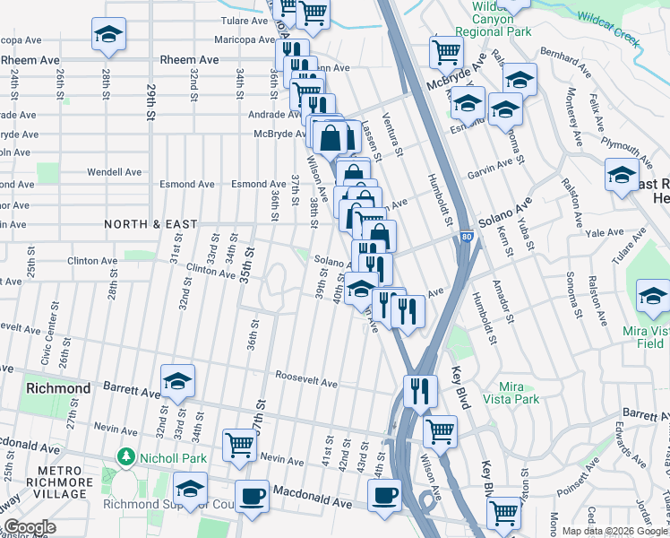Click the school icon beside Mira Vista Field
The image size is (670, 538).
(653, 296)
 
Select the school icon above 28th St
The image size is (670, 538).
(108, 35)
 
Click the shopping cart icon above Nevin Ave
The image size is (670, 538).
(239, 444)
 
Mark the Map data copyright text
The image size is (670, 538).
(614, 531)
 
